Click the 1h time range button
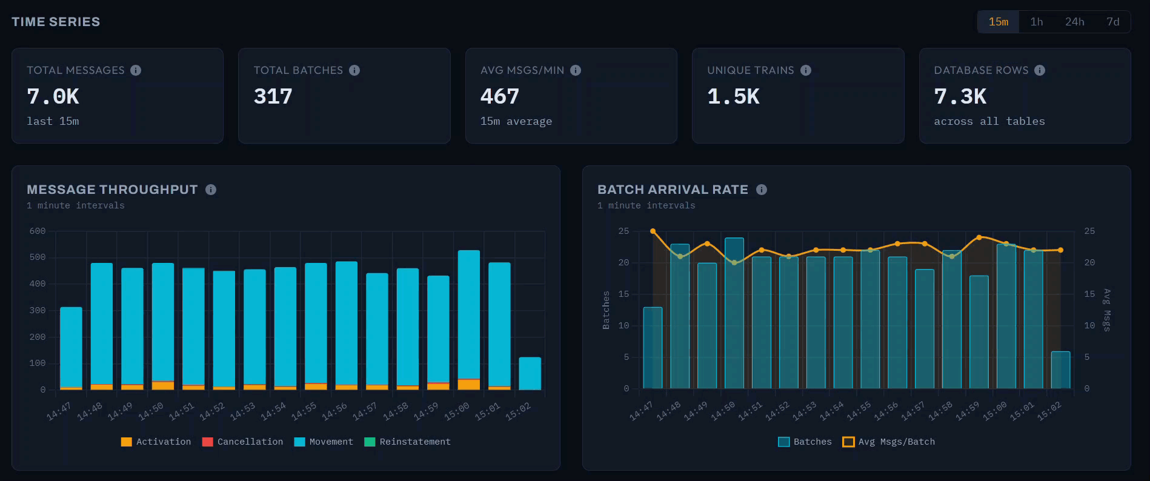click(x=1037, y=22)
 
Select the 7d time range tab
click(x=1112, y=22)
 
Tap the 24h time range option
click(x=1074, y=22)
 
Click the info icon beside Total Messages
click(x=136, y=70)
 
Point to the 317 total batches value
click(x=273, y=96)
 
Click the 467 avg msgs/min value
click(x=499, y=96)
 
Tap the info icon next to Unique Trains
click(x=805, y=70)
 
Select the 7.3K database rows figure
click(x=960, y=96)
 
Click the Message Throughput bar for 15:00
click(x=469, y=315)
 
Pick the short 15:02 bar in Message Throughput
click(x=530, y=373)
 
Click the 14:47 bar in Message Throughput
click(x=71, y=348)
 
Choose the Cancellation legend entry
click(x=242, y=442)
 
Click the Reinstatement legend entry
click(x=407, y=442)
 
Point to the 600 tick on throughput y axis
click(x=38, y=231)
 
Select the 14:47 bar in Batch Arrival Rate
click(x=653, y=348)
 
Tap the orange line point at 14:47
click(x=653, y=231)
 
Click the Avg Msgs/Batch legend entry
click(x=888, y=442)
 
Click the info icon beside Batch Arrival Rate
click(x=762, y=190)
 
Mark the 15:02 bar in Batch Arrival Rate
click(x=1060, y=370)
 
